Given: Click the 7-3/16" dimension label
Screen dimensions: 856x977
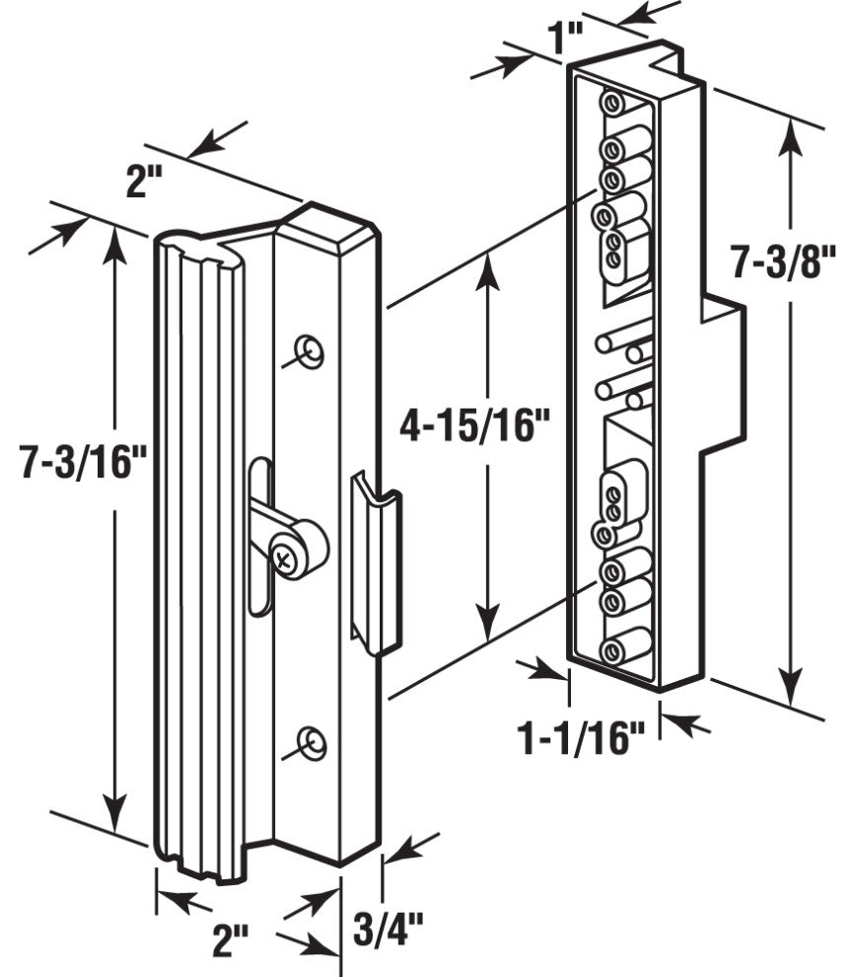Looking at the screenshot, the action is pos(83,461).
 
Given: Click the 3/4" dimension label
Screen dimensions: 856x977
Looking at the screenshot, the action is pos(388,929).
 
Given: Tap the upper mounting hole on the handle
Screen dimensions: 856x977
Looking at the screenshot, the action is pos(309,351).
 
